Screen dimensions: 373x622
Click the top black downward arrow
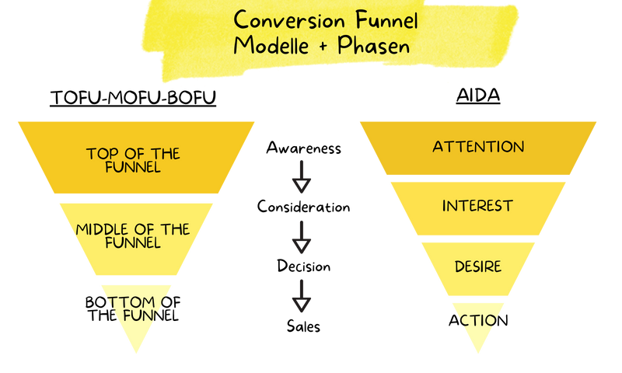302,178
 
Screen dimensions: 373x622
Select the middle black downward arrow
302,237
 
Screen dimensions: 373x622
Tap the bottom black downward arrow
302,297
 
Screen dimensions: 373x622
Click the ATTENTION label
478,147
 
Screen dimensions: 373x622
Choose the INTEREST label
478,206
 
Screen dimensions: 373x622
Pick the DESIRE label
478,267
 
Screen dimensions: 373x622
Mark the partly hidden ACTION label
479,319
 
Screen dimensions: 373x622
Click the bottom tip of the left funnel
137,354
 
